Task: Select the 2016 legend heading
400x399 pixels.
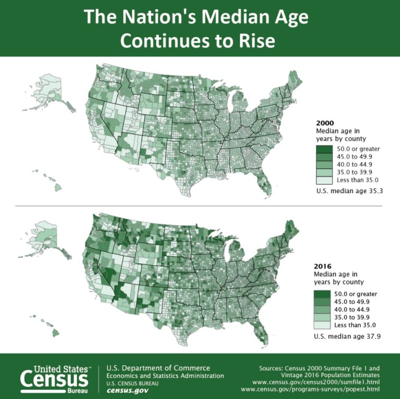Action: [x=323, y=265]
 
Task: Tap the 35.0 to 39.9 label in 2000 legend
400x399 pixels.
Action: [x=356, y=171]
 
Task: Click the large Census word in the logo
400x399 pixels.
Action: [x=55, y=379]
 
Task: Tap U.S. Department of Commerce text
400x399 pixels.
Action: [x=158, y=368]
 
